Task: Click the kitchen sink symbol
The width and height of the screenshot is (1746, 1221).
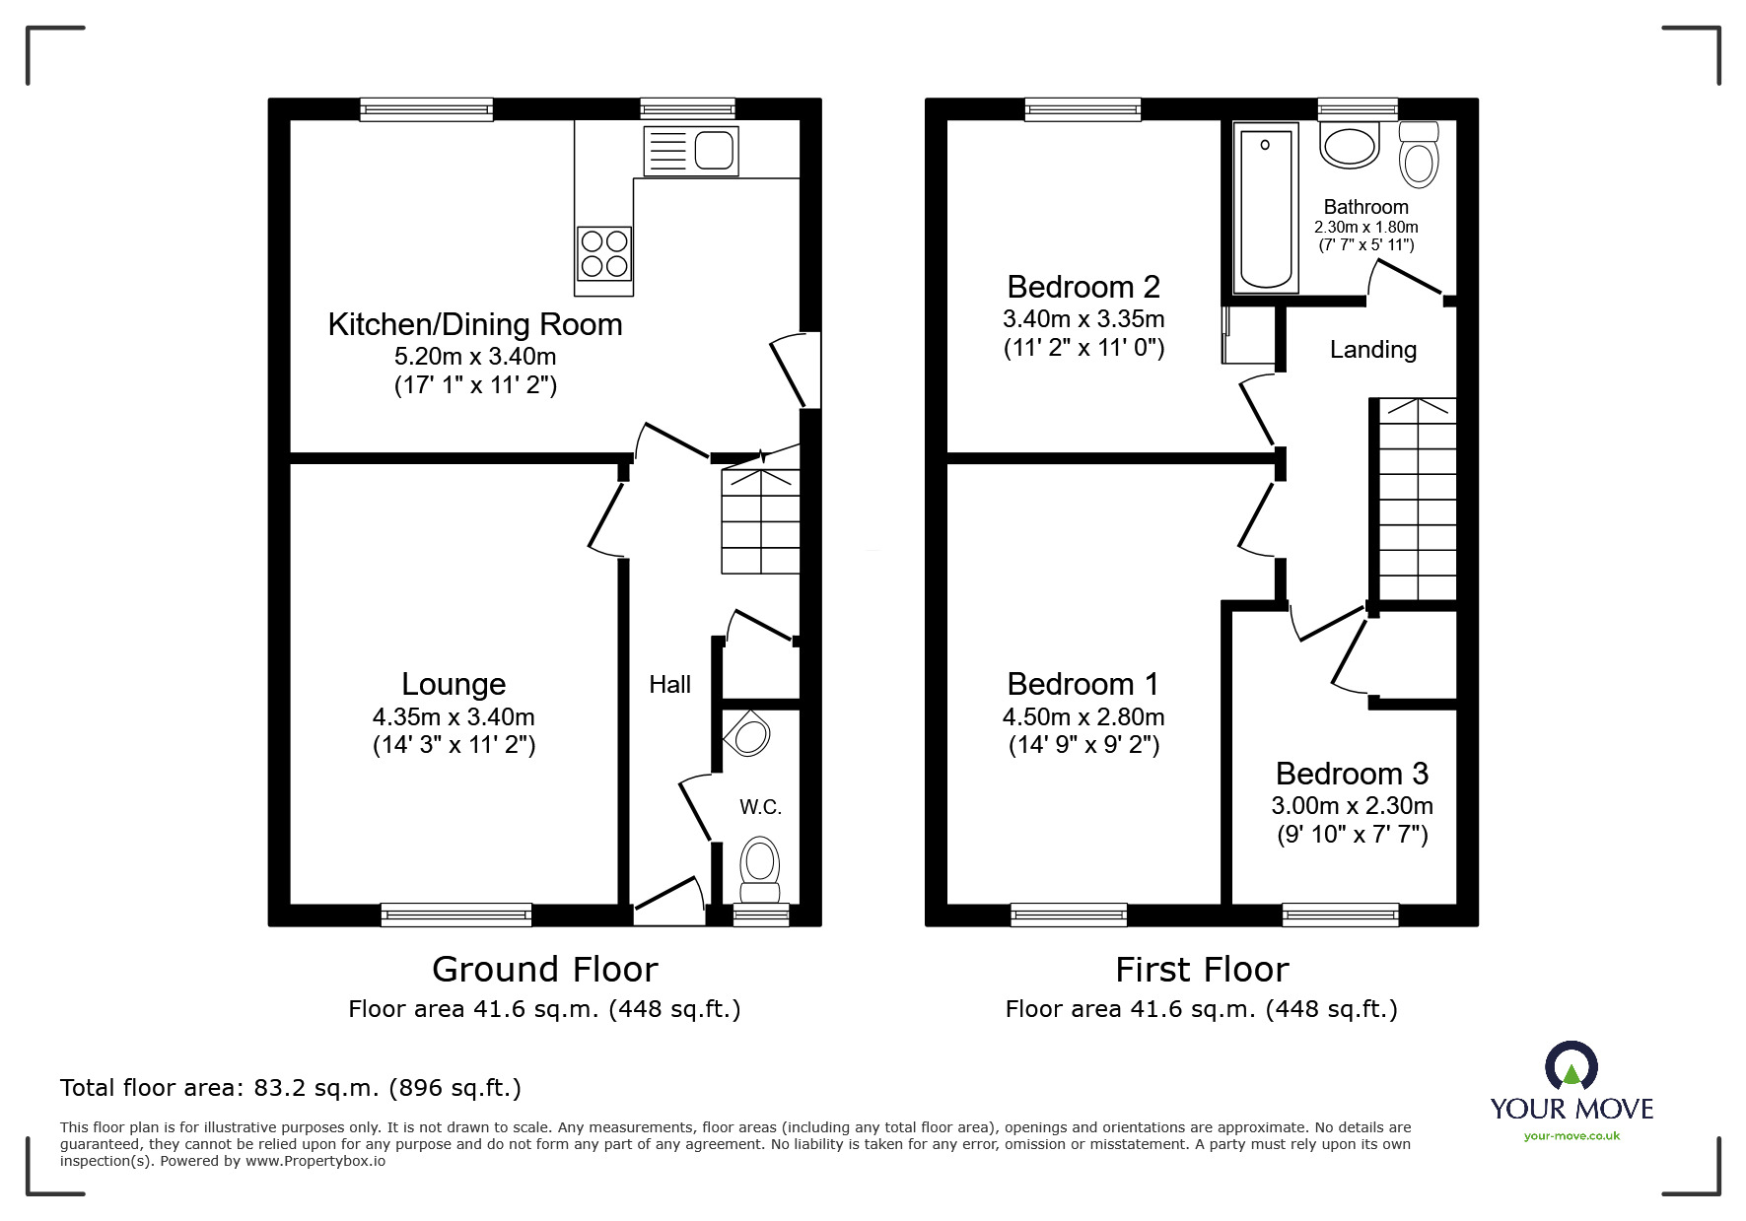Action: click(690, 151)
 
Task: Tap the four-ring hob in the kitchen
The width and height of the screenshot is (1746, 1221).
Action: click(603, 253)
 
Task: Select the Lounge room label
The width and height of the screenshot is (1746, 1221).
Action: click(454, 684)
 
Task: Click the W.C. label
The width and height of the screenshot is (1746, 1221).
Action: click(760, 807)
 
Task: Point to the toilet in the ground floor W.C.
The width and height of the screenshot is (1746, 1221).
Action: click(759, 867)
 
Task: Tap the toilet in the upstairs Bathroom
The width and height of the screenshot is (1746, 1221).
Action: click(1418, 158)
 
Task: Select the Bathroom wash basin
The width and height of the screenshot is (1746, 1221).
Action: click(1350, 147)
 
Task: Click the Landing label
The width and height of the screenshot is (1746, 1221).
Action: click(1372, 350)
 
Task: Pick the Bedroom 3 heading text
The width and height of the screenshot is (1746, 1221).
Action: click(1352, 774)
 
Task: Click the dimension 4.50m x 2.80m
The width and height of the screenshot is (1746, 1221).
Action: click(1083, 716)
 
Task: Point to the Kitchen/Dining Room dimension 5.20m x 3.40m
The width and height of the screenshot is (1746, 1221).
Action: click(475, 356)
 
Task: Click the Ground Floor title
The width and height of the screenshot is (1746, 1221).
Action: click(544, 970)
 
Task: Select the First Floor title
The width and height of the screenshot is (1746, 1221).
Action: click(1201, 970)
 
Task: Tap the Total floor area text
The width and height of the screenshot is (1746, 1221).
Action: click(291, 1088)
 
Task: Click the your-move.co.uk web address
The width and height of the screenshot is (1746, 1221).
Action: click(1571, 1136)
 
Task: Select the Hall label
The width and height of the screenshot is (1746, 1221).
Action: click(669, 685)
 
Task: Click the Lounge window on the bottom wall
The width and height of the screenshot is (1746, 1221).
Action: click(456, 916)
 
